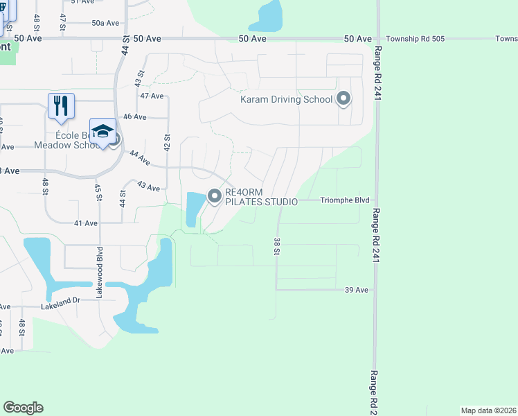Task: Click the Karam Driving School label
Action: (286, 99)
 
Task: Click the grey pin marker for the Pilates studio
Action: (215, 197)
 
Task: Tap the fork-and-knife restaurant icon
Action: (61, 105)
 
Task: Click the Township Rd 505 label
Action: (414, 39)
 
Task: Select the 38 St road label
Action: (276, 245)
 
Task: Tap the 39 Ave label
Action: (356, 289)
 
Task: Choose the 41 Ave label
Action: (86, 223)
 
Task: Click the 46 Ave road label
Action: (134, 117)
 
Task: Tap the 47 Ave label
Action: (151, 95)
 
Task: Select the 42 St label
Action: (167, 144)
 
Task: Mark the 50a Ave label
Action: (105, 23)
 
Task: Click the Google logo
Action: (23, 408)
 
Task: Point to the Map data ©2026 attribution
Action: (488, 410)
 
